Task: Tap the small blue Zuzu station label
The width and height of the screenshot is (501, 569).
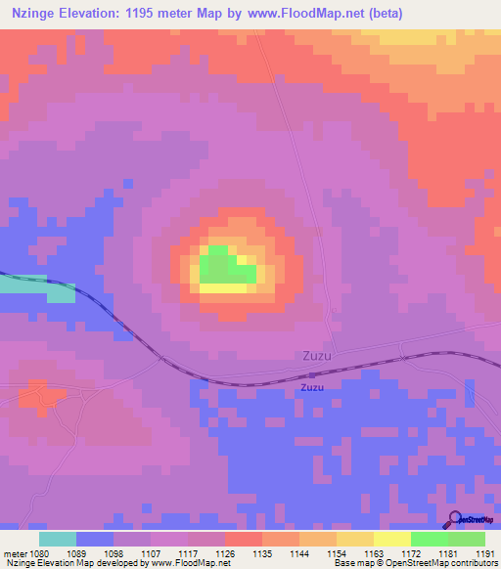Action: (x=313, y=387)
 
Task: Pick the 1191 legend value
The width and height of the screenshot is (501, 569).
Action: (x=486, y=552)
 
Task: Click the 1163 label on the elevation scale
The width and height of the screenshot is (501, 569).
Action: (x=375, y=552)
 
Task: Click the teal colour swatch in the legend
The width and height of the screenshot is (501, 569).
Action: (x=58, y=539)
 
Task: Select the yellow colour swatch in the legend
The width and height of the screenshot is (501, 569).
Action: (x=392, y=539)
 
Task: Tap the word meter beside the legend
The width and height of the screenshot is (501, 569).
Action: (x=15, y=552)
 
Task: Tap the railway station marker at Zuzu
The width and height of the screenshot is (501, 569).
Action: (x=312, y=374)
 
